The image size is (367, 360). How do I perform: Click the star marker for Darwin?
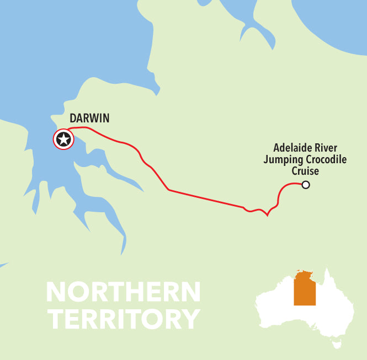63,139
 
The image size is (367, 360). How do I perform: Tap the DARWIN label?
89,119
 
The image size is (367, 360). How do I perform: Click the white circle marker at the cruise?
306,185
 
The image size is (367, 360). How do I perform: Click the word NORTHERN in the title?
123,292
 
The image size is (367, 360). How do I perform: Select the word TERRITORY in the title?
123,319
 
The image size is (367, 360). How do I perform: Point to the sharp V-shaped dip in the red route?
267,215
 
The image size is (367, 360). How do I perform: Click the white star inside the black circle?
63,139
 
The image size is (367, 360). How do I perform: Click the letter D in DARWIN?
73,119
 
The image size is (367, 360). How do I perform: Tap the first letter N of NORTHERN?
56,292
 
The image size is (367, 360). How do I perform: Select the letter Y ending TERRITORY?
189,319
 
